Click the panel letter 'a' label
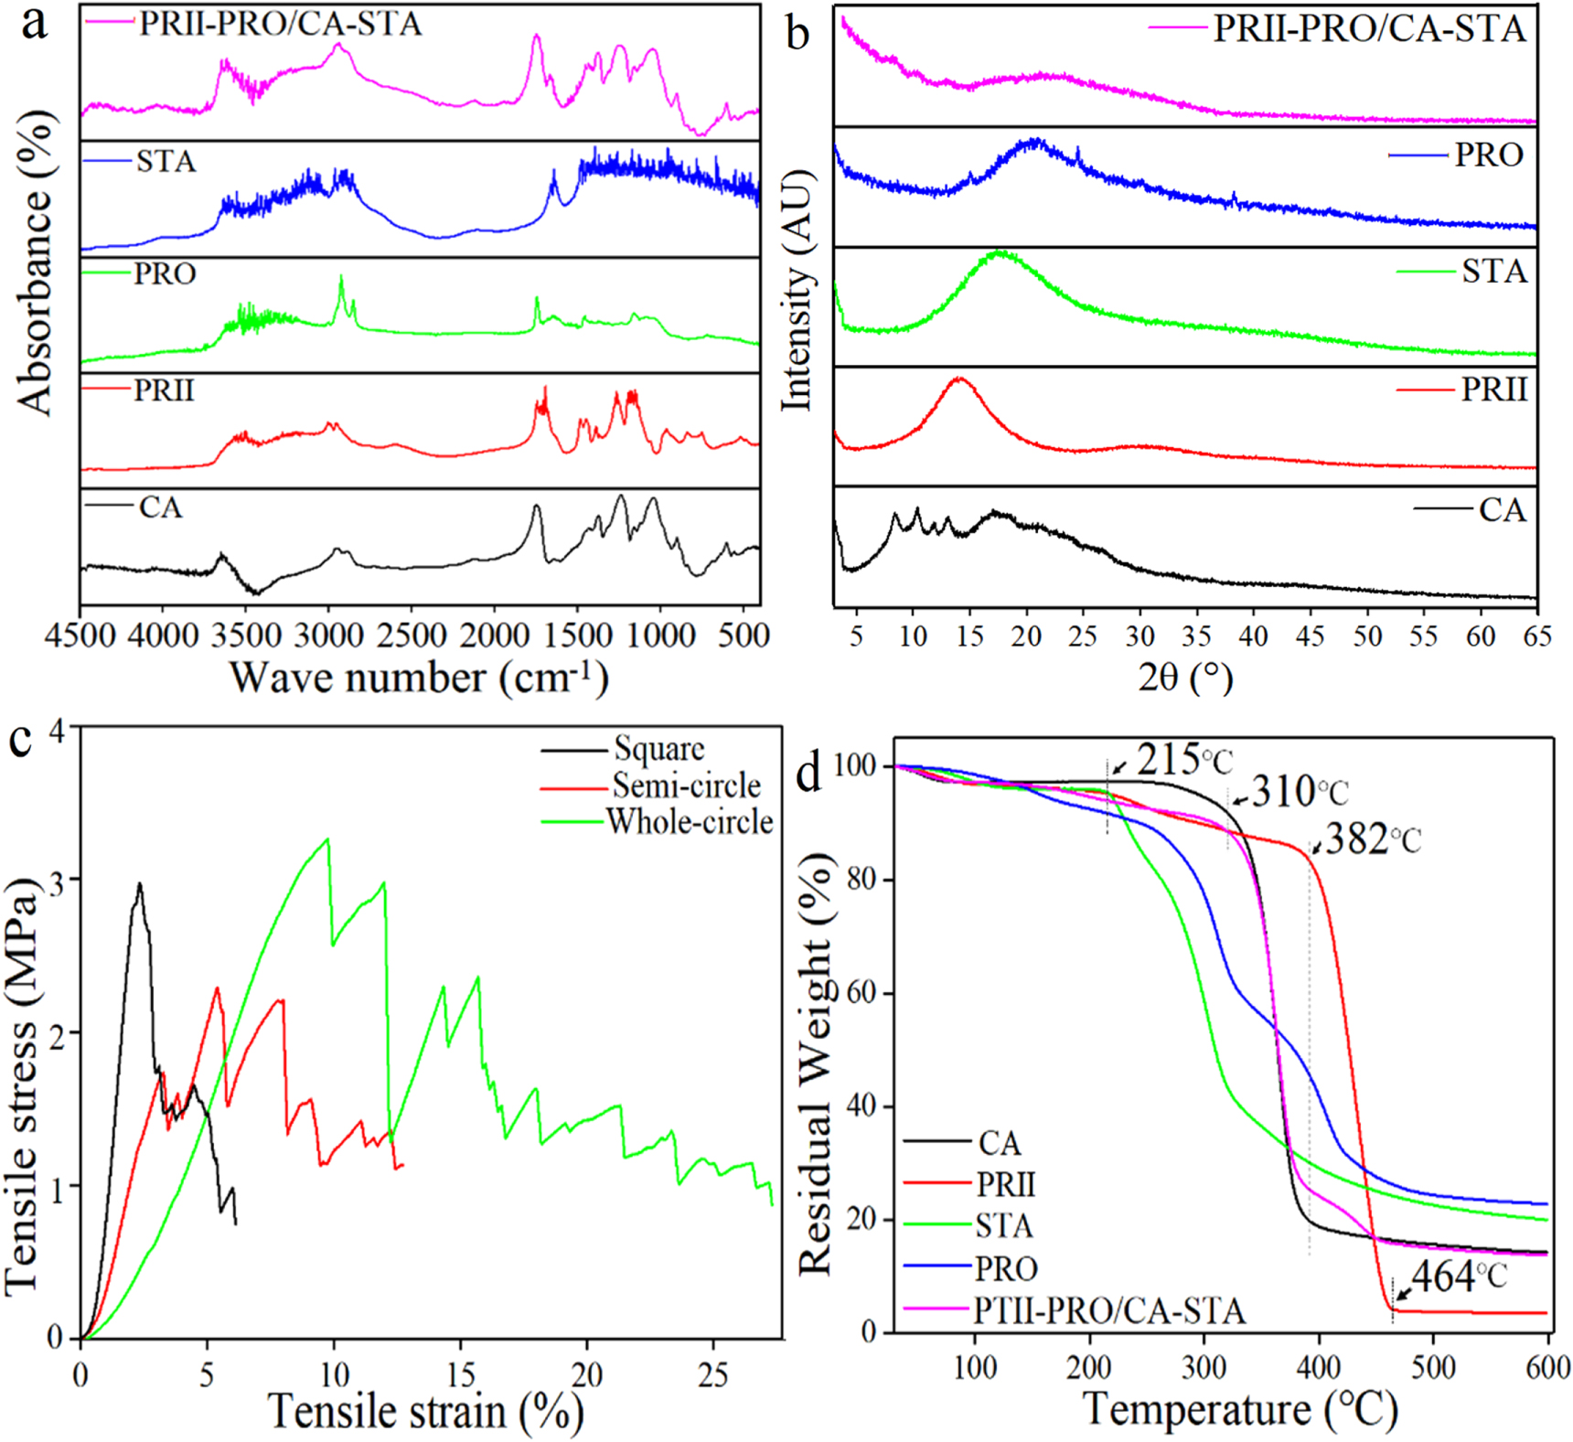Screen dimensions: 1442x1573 click(35, 26)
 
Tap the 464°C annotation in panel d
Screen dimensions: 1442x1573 click(1459, 1276)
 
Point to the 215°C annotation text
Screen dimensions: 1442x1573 click(1185, 759)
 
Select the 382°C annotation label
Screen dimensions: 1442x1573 click(1373, 839)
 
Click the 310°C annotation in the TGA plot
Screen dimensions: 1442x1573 click(1300, 792)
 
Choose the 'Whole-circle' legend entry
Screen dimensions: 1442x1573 click(690, 822)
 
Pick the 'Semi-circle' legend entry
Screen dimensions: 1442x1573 click(686, 785)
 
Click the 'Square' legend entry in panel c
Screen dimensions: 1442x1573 click(659, 749)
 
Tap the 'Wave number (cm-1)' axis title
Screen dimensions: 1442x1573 click(418, 678)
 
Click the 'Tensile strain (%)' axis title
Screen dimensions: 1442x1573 click(426, 1411)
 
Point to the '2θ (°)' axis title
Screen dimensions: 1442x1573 click(1185, 678)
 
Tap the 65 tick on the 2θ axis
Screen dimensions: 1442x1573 click(1537, 636)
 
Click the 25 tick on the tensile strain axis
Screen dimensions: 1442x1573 click(713, 1375)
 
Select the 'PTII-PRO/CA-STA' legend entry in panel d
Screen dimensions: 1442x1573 click(1109, 1310)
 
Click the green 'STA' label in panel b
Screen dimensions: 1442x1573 click(1494, 272)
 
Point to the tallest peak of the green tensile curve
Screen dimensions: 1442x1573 click(327, 838)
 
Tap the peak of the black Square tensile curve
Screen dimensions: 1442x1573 click(139, 883)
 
